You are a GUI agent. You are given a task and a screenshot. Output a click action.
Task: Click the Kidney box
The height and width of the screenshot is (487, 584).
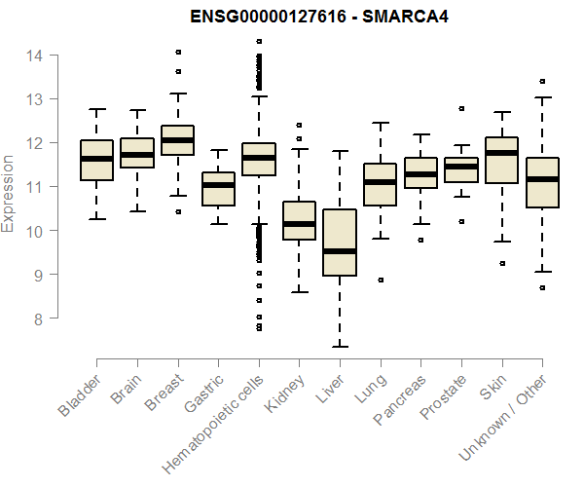click(299, 220)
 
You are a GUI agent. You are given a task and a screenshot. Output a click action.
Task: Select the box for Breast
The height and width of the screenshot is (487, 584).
click(177, 140)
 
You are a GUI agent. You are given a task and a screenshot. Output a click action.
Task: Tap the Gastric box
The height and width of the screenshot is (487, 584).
click(217, 189)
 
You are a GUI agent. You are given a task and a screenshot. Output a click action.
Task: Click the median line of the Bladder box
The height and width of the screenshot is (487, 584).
click(96, 159)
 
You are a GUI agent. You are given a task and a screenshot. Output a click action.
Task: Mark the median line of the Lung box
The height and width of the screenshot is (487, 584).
click(380, 182)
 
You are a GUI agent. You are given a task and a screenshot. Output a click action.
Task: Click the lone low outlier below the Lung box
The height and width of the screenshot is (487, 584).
click(380, 280)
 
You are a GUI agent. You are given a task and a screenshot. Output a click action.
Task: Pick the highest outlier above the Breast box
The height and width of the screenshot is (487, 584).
click(177, 52)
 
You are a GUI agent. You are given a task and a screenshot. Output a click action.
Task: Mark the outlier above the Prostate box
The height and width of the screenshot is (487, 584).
click(460, 108)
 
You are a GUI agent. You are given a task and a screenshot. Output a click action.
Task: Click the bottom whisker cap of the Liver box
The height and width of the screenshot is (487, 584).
click(339, 346)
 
